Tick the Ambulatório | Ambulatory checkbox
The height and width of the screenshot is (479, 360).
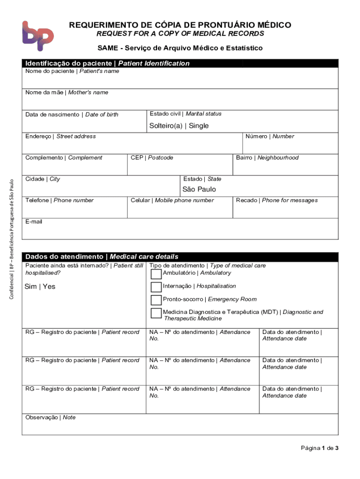click(156, 274)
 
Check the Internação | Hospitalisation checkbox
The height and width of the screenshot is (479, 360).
click(156, 287)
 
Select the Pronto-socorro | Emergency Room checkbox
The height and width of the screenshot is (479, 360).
click(156, 300)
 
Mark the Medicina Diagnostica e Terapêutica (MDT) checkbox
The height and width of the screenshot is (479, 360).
click(156, 313)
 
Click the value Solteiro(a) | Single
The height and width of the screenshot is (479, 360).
click(179, 126)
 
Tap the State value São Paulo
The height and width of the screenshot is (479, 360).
click(199, 189)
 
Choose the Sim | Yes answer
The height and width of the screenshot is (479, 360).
click(40, 287)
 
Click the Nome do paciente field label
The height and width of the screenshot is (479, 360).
click(72, 72)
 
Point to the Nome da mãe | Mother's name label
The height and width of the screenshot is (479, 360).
click(67, 93)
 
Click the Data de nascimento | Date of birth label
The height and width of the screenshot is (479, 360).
click(72, 115)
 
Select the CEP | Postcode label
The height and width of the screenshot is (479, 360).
click(152, 158)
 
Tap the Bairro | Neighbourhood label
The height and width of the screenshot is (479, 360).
click(267, 158)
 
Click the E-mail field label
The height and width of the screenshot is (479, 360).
click(34, 222)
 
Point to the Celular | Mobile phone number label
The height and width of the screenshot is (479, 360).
click(172, 201)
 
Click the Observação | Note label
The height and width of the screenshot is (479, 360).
click(50, 418)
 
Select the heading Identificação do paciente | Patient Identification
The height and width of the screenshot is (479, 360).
click(108, 64)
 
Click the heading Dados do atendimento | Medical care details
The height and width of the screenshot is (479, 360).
click(102, 257)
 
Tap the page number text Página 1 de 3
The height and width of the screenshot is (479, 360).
click(319, 448)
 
